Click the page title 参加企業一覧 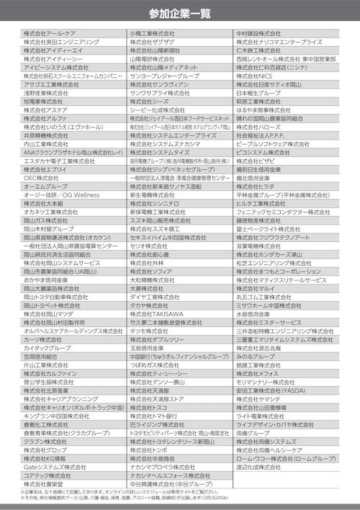(180, 13)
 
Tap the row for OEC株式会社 (40, 176)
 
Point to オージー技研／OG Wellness (61, 194)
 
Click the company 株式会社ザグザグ (152, 42)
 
